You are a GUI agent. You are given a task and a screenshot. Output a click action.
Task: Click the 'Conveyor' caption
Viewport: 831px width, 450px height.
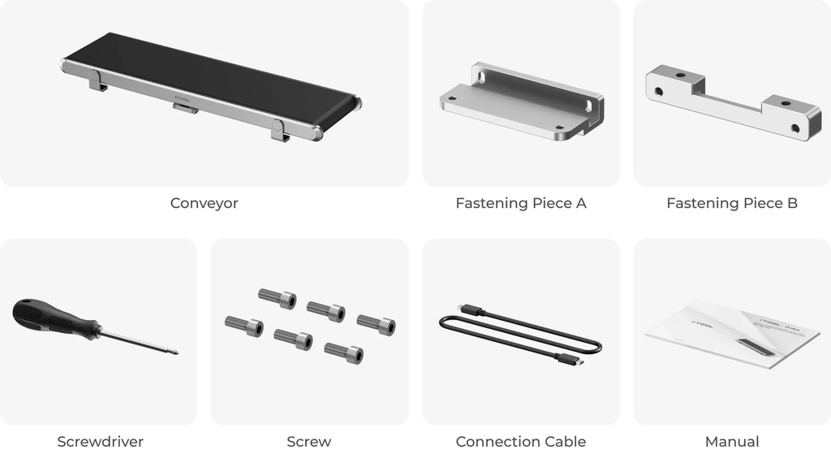tap(204, 203)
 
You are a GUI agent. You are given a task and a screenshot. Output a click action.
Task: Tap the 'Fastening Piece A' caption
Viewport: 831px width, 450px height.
tap(520, 203)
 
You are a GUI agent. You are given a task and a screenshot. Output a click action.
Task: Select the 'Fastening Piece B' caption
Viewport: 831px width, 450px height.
tap(731, 203)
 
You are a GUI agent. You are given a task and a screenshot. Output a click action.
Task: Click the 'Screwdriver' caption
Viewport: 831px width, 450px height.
tap(100, 442)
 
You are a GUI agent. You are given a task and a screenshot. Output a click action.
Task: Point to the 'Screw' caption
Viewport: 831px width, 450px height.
tap(308, 442)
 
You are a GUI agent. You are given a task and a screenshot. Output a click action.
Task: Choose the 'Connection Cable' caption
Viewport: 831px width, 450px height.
tap(520, 442)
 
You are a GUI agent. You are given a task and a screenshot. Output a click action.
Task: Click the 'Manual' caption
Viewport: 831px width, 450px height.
tap(731, 442)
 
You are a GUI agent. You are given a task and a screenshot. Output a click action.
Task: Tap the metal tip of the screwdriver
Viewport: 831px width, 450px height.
tap(172, 352)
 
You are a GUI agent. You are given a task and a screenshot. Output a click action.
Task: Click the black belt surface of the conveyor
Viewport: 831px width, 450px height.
tap(211, 77)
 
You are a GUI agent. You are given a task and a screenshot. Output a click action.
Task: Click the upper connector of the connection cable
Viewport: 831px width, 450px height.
tap(471, 310)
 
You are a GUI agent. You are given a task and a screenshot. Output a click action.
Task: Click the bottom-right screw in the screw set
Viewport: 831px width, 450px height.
tap(343, 352)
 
